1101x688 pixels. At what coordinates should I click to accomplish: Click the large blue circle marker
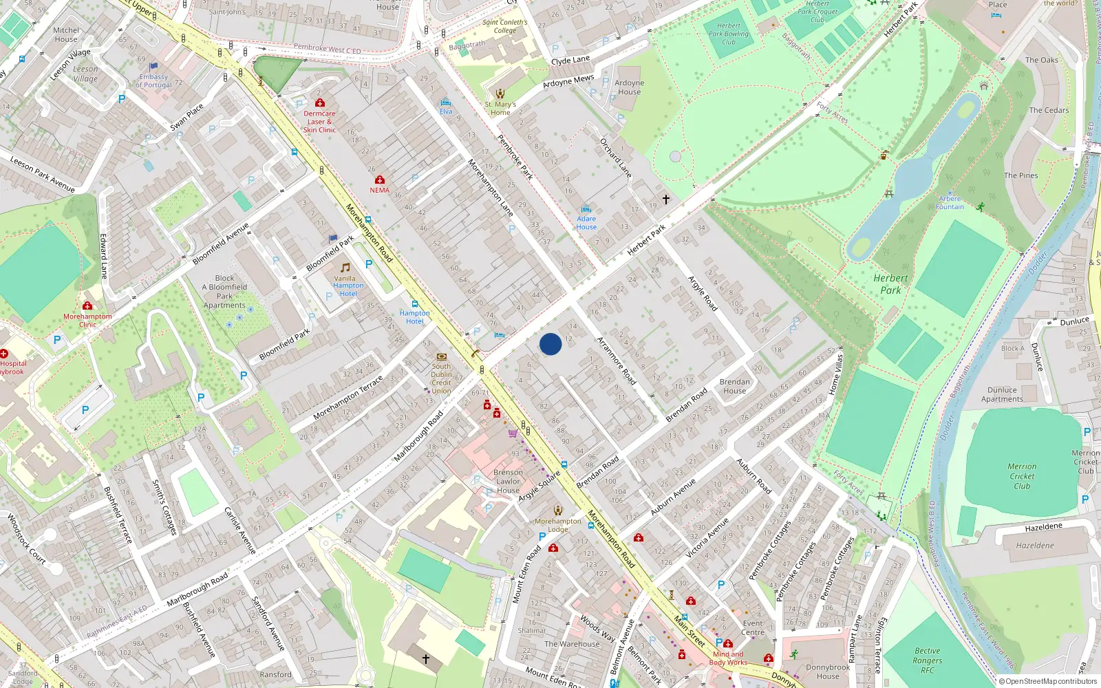(x=550, y=344)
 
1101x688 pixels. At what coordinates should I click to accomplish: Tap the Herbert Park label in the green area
(x=890, y=284)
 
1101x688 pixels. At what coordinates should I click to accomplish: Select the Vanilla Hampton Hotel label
(x=348, y=286)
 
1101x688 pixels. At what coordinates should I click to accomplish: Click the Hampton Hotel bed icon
(x=415, y=303)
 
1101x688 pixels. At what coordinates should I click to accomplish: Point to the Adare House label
(x=586, y=223)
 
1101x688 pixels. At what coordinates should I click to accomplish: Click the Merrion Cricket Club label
(x=1022, y=476)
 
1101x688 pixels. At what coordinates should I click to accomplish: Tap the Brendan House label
(x=734, y=386)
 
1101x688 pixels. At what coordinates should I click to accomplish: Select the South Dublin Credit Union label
(x=441, y=378)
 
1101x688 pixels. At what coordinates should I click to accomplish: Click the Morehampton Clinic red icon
(x=87, y=305)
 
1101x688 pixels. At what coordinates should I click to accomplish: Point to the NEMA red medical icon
(x=379, y=180)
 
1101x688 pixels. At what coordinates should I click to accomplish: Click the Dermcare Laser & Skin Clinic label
(x=319, y=122)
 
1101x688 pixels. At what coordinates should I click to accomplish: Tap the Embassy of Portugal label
(x=153, y=81)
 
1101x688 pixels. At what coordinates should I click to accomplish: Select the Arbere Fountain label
(x=950, y=202)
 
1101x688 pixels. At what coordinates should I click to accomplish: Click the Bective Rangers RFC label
(x=927, y=660)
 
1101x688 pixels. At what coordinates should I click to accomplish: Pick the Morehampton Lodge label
(x=557, y=525)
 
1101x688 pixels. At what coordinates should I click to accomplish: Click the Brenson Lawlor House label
(x=508, y=481)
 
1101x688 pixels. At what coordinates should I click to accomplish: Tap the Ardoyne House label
(x=629, y=87)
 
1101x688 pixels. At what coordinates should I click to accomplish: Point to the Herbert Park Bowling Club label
(x=728, y=34)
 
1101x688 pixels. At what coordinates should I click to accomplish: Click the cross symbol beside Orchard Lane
(x=665, y=200)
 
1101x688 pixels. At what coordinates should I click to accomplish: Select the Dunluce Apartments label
(x=1002, y=394)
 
